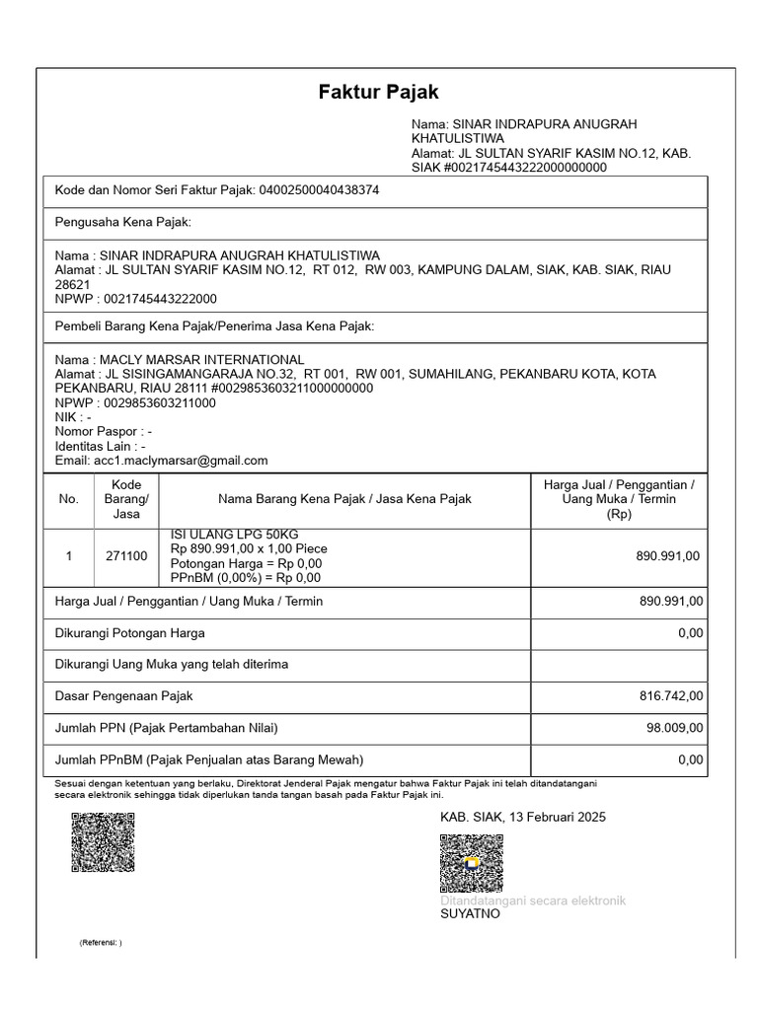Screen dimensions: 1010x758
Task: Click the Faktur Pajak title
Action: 378,93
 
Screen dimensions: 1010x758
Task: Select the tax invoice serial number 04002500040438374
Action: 319,190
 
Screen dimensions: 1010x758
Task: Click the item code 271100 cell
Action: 126,556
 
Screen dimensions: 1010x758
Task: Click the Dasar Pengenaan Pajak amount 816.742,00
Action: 671,696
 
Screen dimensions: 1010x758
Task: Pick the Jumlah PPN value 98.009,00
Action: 674,728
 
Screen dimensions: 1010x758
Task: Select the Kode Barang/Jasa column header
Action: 126,499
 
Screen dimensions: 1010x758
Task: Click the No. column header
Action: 68,499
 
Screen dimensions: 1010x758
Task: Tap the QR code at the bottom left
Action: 103,842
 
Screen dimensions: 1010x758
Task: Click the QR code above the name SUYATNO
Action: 471,864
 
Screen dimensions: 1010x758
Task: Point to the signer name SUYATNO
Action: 470,914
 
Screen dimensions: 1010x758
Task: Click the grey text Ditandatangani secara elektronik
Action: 532,901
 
